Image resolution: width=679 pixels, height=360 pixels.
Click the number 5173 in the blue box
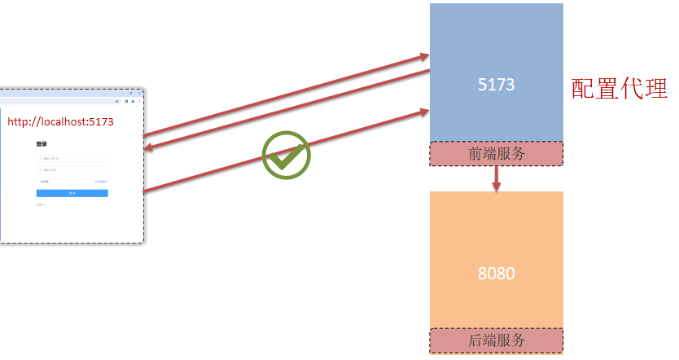(x=496, y=84)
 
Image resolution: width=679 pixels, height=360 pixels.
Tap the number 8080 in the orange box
(x=496, y=274)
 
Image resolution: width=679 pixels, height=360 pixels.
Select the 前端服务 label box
(x=496, y=154)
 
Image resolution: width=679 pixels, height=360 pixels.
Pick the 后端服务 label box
(x=496, y=340)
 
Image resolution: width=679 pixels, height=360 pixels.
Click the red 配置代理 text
(x=619, y=89)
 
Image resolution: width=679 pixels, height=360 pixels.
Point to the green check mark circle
(x=287, y=155)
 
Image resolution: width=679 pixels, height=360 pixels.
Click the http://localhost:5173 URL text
(x=60, y=122)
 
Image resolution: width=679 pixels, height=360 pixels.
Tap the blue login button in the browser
(x=72, y=193)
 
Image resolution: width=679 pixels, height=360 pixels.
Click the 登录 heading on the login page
(x=42, y=144)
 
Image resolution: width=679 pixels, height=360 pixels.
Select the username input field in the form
(x=72, y=158)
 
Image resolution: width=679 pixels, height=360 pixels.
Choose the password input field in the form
(x=72, y=170)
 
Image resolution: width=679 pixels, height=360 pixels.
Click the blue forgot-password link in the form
(x=100, y=182)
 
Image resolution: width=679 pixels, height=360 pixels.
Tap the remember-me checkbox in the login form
(x=38, y=182)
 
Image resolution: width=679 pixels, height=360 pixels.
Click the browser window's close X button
(x=139, y=93)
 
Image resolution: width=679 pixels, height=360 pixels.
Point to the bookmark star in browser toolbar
(x=117, y=102)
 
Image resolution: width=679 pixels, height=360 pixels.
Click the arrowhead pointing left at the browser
(x=149, y=147)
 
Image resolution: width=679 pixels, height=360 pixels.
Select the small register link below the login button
(x=40, y=204)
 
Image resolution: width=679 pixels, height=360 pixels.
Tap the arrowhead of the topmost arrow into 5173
(x=425, y=56)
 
